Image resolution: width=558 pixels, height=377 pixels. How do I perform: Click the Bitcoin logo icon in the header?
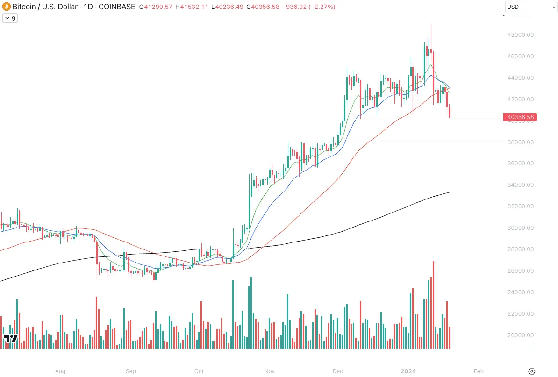click(x=6, y=7)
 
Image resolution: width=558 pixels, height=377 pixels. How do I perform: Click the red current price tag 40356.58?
click(x=519, y=117)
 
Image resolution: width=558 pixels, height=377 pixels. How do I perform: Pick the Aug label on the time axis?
click(x=60, y=371)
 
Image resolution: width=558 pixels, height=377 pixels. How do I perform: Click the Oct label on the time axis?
click(x=199, y=371)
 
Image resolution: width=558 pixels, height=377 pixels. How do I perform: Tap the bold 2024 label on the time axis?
click(x=408, y=371)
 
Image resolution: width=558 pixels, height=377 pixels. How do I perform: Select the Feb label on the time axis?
click(x=478, y=371)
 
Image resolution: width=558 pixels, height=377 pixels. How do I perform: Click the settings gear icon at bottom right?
click(x=531, y=371)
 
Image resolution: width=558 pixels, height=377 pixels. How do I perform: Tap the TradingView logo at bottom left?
click(x=10, y=338)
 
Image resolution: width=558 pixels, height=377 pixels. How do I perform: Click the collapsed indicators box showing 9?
click(x=10, y=18)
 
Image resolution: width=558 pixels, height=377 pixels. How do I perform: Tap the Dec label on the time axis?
click(x=338, y=371)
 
